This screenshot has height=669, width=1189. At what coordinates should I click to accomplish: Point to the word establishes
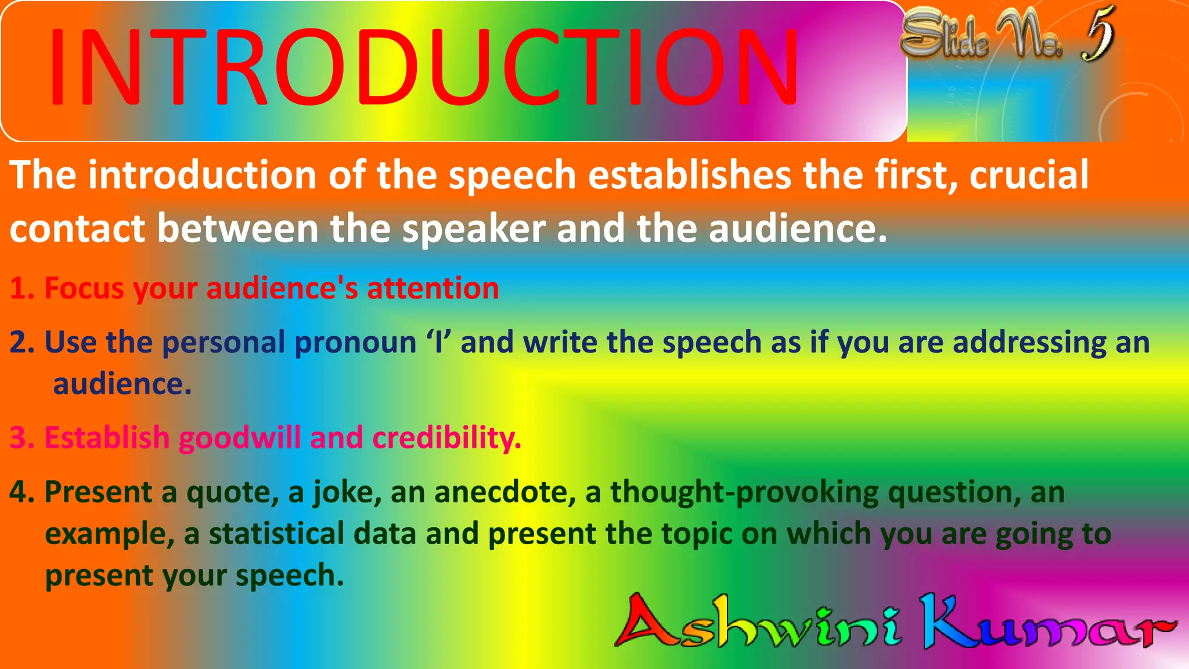690,175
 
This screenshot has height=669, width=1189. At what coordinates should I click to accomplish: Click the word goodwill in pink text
240,438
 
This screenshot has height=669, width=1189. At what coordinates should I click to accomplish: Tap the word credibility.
446,438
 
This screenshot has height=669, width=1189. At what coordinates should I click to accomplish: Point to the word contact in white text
77,228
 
